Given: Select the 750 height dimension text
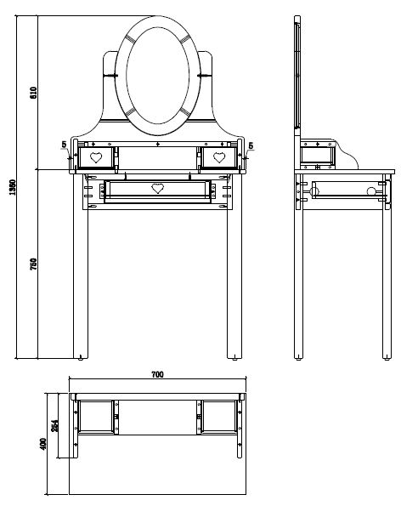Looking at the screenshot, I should (33, 264).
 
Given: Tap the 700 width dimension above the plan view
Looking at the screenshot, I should (157, 375).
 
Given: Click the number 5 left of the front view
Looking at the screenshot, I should (64, 145).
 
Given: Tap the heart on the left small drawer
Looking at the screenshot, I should (96, 157).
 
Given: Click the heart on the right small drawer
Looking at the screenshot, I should (219, 157).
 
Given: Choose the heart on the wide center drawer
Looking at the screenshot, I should (156, 188).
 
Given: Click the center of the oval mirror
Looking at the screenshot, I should (157, 75).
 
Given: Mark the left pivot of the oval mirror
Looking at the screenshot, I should (112, 76).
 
